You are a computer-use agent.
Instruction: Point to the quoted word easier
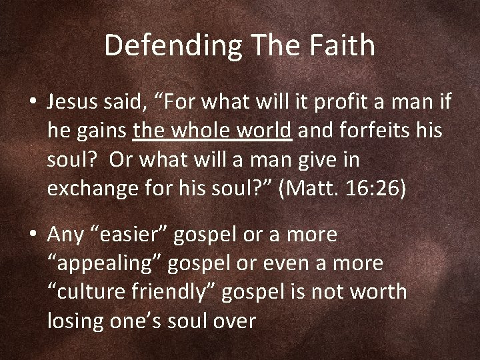click(144, 234)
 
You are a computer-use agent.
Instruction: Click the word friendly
click(185, 291)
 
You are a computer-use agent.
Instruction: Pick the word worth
click(381, 291)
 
